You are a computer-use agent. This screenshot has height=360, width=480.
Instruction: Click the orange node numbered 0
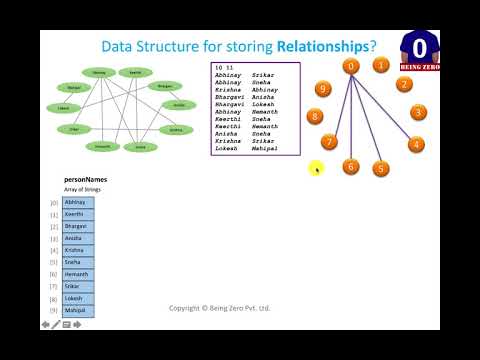(x=350, y=66)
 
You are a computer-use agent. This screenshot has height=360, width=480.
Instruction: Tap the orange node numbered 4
(x=415, y=144)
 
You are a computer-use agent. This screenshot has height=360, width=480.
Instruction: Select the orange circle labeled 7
(x=329, y=142)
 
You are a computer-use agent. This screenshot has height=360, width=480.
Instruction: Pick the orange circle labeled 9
(x=322, y=90)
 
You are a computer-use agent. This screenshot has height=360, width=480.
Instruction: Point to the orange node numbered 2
(x=403, y=84)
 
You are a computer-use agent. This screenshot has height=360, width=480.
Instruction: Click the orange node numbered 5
(x=380, y=169)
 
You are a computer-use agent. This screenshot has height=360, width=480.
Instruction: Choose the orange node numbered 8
(x=315, y=116)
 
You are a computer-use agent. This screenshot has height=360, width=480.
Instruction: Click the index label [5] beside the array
(x=55, y=262)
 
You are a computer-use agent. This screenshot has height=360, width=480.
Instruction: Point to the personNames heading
(x=84, y=180)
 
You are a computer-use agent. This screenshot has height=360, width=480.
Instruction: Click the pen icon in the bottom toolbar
(x=55, y=325)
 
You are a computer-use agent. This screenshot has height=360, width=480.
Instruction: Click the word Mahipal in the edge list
(x=265, y=149)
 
